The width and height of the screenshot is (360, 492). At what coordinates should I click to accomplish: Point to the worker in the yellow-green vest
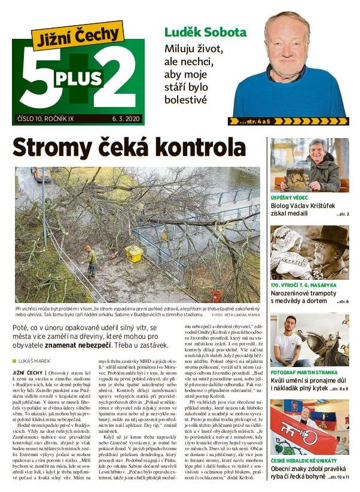click(91, 259)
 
